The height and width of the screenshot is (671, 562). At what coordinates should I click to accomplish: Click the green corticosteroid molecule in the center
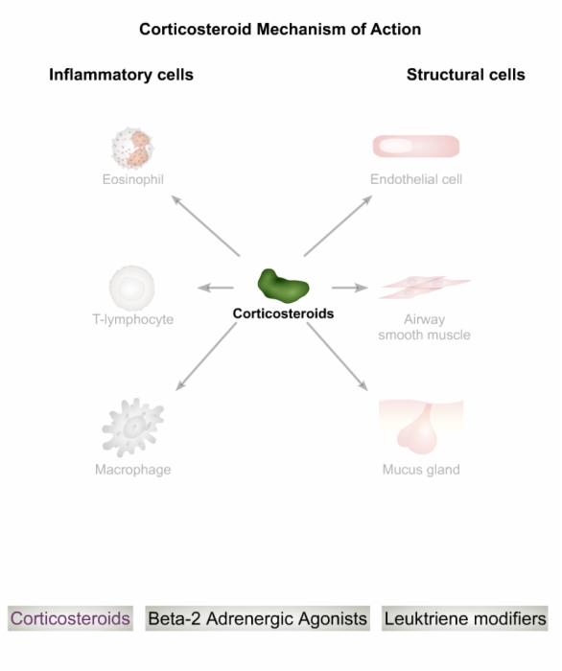[283, 286]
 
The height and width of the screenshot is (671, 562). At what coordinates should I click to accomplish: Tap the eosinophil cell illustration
[132, 149]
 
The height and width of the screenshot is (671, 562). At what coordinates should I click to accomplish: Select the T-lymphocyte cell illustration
[131, 288]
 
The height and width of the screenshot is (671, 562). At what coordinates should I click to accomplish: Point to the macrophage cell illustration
[132, 428]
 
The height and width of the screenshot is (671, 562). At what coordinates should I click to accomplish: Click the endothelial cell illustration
[416, 147]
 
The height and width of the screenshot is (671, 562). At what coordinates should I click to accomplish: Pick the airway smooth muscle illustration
[425, 287]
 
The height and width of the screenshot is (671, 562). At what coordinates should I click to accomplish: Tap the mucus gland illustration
[421, 427]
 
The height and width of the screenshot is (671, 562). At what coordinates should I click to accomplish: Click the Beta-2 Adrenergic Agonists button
[257, 618]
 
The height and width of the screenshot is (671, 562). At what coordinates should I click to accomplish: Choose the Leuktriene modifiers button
[465, 618]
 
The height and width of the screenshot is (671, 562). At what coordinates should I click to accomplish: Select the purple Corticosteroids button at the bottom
[70, 618]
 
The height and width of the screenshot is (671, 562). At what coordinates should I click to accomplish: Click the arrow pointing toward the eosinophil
[205, 225]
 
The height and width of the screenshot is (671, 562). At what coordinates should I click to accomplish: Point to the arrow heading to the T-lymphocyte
[216, 288]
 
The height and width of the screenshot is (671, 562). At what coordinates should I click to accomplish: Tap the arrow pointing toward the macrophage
[206, 357]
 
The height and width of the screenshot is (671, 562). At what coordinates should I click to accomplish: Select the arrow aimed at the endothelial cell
[339, 225]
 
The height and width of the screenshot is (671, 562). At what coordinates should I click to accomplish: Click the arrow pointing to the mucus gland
[338, 357]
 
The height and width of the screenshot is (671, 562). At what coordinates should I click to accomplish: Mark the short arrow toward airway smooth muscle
[350, 288]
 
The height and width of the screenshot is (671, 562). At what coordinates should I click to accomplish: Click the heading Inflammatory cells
[121, 75]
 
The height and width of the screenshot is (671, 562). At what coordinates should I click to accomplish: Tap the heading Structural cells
[466, 75]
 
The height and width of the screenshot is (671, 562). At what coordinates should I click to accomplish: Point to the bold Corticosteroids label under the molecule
[283, 313]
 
